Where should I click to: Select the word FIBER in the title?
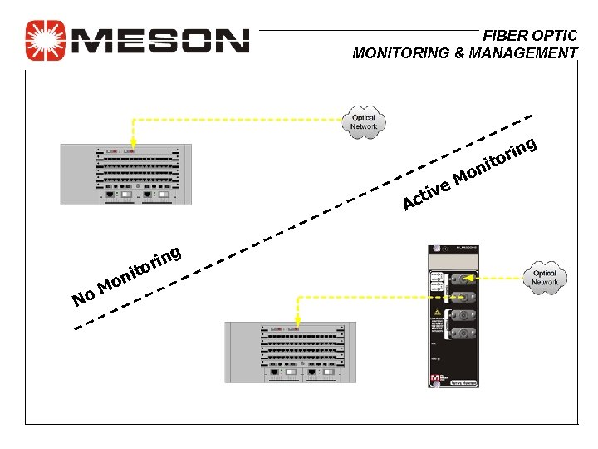[x=507, y=36]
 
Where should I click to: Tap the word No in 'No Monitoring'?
[x=83, y=296]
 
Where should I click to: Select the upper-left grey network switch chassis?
[x=128, y=175]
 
